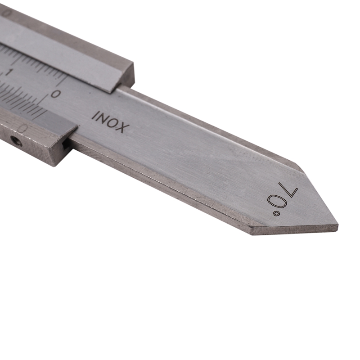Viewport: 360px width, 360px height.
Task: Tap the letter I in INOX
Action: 95,115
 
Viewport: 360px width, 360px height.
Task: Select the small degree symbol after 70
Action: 271,211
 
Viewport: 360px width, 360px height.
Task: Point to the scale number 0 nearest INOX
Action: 56,94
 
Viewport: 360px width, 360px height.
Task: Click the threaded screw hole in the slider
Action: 17,142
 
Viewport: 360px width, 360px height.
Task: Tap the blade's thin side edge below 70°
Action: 292,230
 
